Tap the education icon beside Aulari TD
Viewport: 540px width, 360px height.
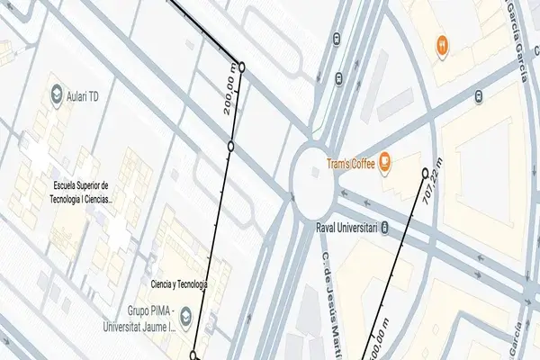(x=57, y=94)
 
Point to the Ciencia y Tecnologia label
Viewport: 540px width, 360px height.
(x=179, y=284)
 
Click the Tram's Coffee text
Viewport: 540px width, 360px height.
(x=349, y=163)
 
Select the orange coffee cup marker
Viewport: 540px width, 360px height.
(x=384, y=162)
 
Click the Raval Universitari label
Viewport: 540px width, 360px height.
(x=346, y=227)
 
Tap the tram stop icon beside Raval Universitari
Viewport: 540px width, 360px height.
(x=385, y=227)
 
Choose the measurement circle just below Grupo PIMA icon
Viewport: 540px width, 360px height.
(x=193, y=355)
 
